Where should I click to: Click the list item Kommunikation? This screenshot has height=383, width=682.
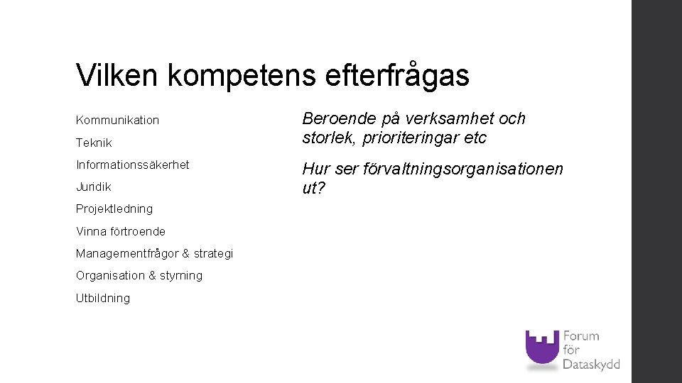point(117,121)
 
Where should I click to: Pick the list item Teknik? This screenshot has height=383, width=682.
point(94,143)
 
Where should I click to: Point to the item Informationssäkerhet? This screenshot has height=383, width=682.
point(132,165)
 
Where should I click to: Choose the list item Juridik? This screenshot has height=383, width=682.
point(94,187)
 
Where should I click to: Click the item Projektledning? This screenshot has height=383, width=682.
point(114,209)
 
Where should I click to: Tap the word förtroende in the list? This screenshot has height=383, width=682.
point(138,231)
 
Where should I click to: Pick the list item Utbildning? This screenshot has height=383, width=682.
point(103,298)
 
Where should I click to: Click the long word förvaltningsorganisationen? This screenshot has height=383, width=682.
point(463,170)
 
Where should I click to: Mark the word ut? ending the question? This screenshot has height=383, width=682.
point(313,189)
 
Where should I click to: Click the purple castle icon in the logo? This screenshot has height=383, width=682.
point(542,348)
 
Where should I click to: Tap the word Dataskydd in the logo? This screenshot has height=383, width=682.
point(591,365)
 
